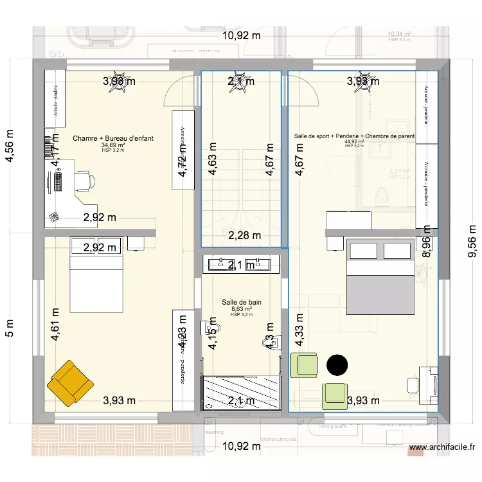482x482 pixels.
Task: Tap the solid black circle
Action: (336, 365)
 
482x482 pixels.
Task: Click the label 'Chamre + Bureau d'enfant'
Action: (113, 138)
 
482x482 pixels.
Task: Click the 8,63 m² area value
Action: (242, 309)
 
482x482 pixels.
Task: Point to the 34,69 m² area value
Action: (113, 146)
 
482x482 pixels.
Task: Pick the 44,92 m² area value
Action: (354, 142)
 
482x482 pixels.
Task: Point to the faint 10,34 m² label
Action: (400, 34)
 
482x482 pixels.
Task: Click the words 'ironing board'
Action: (332, 427)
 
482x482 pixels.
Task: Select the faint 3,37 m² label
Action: (399, 172)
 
